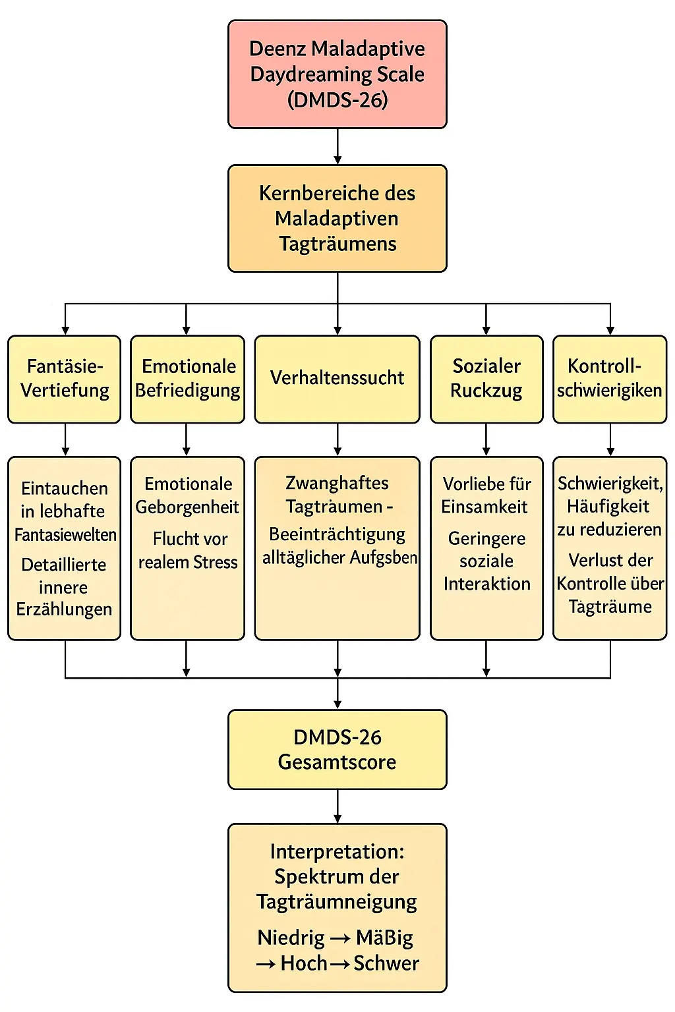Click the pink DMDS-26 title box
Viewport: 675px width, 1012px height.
pos(337,74)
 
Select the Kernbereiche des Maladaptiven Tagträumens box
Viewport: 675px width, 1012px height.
pos(337,218)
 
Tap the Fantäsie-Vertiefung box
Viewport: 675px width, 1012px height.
pos(65,379)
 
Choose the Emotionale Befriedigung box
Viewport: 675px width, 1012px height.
pos(187,379)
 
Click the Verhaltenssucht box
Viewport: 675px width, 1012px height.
pos(337,379)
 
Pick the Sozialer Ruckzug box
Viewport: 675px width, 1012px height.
pos(486,379)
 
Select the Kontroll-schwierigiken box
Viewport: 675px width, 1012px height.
pos(610,379)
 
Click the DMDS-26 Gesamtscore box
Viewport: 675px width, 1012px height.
pos(337,749)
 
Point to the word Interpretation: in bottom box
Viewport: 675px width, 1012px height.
pos(337,851)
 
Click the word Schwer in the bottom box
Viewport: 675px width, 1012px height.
pos(386,963)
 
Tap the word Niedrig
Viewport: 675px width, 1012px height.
pos(291,938)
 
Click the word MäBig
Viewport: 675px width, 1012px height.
pos(384,938)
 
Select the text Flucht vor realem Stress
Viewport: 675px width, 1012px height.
pos(188,550)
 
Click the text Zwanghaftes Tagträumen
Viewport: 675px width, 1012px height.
pos(337,494)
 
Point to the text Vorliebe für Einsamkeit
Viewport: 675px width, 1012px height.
pos(486,495)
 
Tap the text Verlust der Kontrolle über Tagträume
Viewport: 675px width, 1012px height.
pos(610,583)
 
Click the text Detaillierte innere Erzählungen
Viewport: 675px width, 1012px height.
pos(64,586)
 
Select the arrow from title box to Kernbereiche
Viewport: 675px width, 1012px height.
pos(337,146)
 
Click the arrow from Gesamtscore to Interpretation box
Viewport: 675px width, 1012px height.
pos(337,806)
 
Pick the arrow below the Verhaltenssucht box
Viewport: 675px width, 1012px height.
pos(337,439)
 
